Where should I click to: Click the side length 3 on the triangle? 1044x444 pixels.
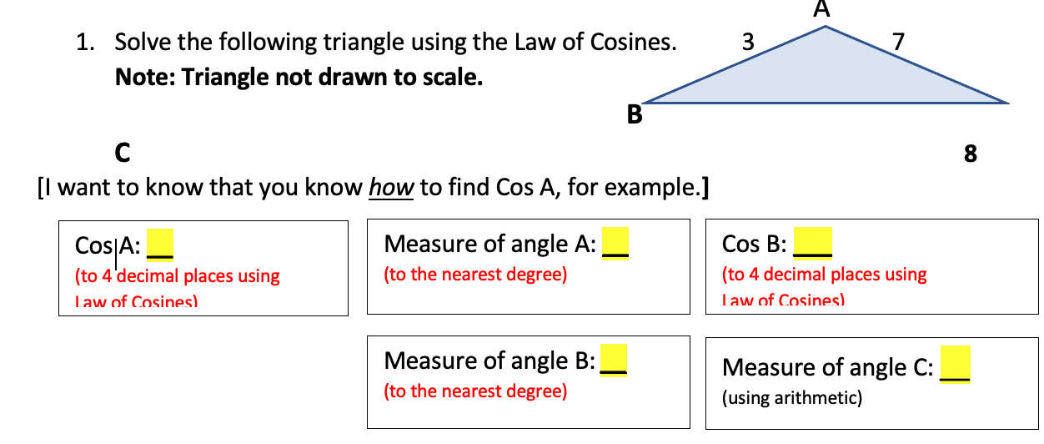(747, 41)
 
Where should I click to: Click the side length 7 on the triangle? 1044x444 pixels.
(896, 41)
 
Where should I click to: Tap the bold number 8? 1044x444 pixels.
(970, 154)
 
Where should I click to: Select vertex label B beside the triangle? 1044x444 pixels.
(635, 116)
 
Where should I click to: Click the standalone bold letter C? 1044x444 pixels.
(122, 154)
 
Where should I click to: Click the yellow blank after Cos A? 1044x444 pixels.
(159, 245)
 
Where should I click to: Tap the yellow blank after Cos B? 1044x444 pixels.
(812, 243)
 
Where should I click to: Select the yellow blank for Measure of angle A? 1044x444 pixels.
(615, 244)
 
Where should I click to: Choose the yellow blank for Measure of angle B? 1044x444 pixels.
(614, 361)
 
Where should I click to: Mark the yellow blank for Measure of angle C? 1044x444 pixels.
(955, 366)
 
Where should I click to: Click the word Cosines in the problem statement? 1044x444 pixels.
(634, 42)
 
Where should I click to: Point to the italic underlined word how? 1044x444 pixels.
(391, 187)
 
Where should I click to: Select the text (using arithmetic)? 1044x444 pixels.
(791, 398)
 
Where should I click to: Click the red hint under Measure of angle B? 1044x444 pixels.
(475, 391)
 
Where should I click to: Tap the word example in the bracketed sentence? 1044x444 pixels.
(653, 187)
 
